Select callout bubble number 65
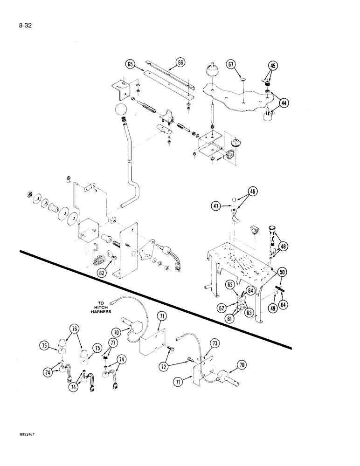click(130, 63)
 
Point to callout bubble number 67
click(232, 64)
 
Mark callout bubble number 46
click(240, 191)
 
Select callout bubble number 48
click(283, 247)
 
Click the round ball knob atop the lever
click(121, 111)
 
